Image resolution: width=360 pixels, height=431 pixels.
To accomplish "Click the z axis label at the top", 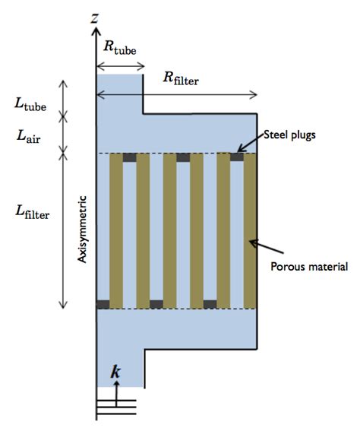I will point(95,16).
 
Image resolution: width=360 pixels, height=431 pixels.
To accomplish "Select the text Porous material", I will point(308,267).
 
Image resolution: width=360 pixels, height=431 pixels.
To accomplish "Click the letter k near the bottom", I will point(115,372).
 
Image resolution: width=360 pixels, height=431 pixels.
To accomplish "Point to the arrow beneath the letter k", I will point(116,389).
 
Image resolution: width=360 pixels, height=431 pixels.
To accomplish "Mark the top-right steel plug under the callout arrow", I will point(238,157).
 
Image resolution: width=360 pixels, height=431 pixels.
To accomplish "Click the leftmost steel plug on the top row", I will point(130,157).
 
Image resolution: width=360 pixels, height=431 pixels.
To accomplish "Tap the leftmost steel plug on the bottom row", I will point(103,304).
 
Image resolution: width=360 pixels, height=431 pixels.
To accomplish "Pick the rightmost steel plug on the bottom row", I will point(210,304).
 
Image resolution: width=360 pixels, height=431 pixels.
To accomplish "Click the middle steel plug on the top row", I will point(183,157).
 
